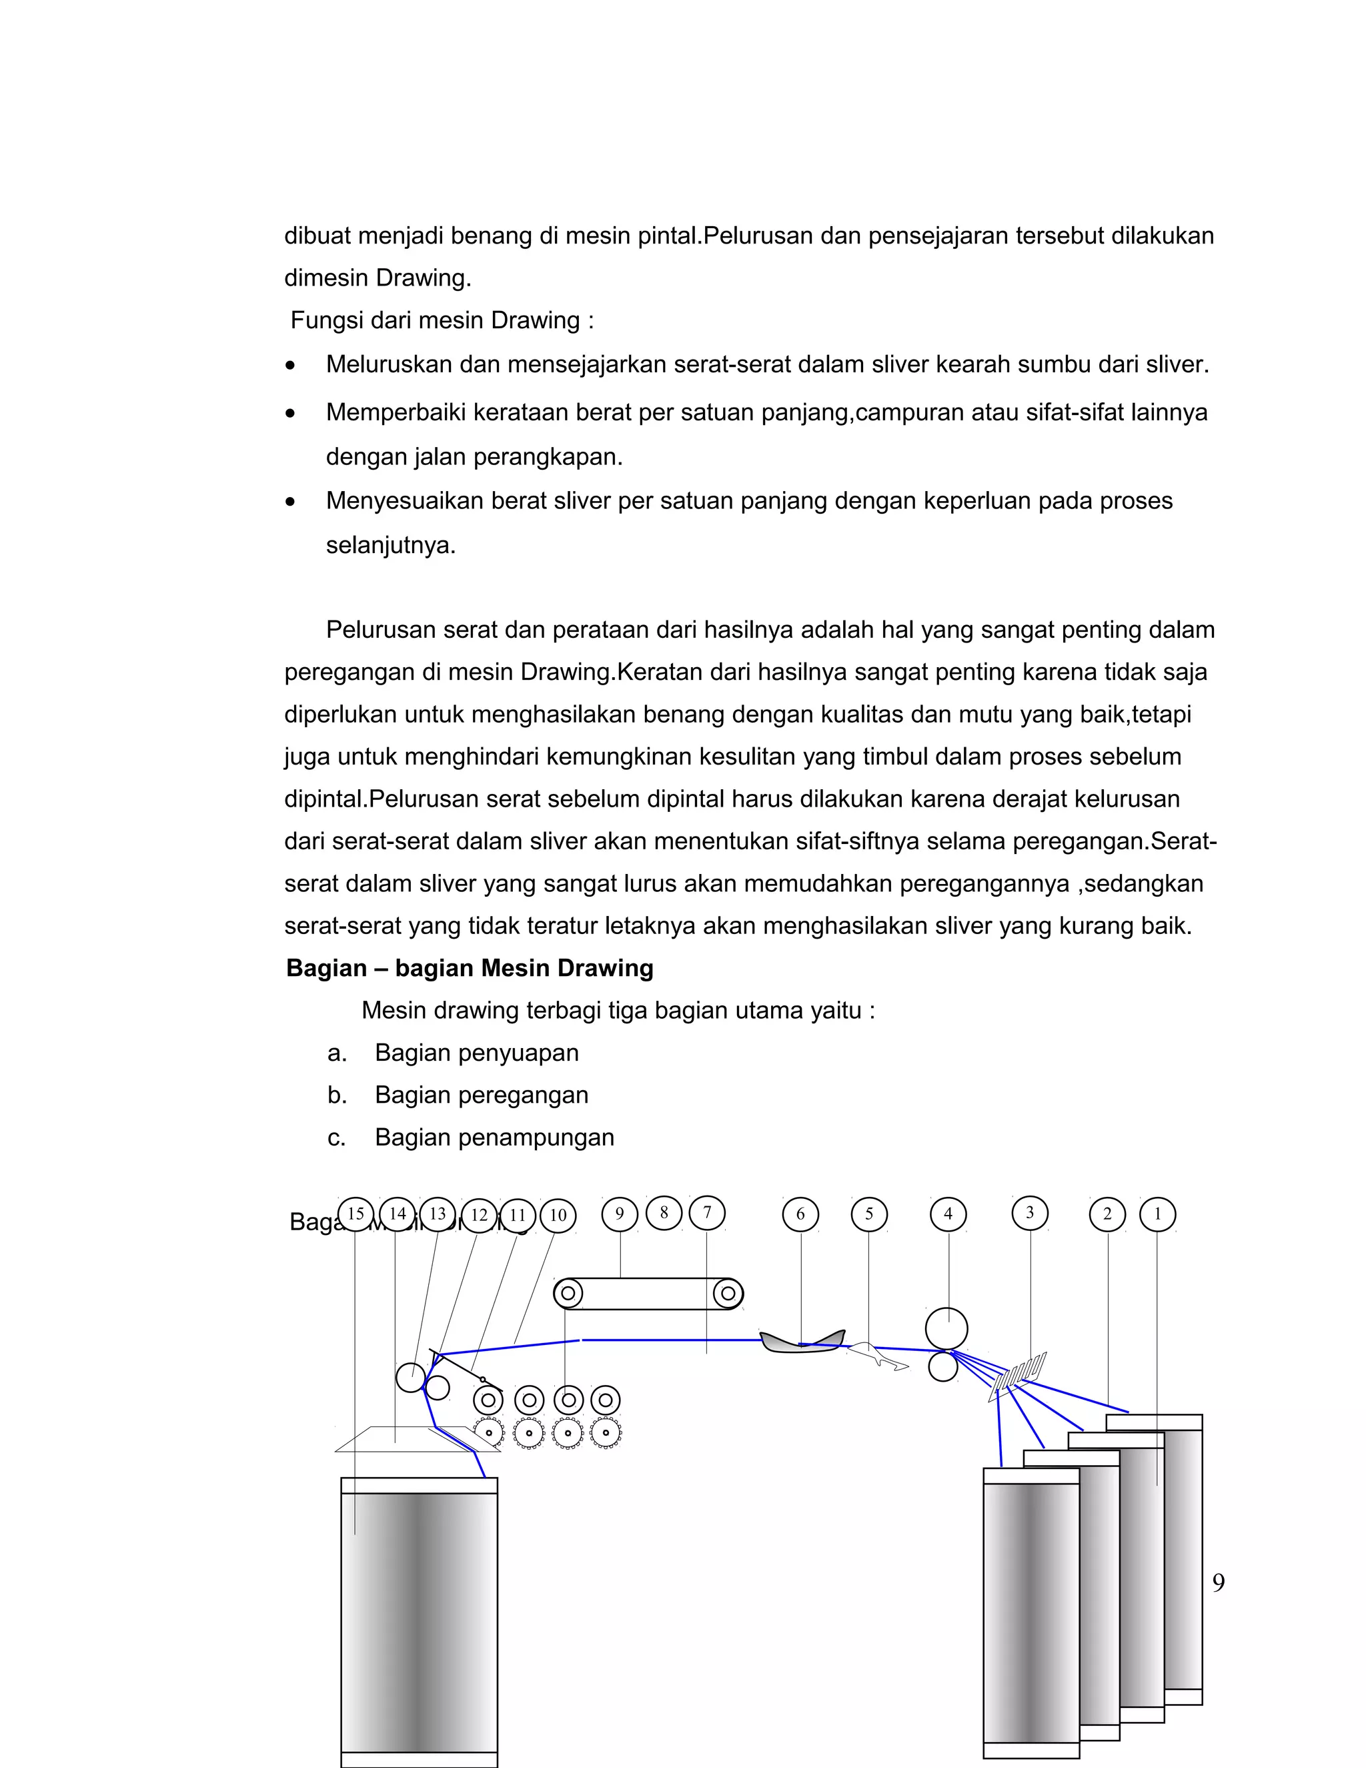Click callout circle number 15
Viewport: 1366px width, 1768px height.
[356, 1214]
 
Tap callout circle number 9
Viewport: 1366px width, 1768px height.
[620, 1214]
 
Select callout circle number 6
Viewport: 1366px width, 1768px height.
[800, 1214]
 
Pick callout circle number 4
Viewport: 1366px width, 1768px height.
[948, 1214]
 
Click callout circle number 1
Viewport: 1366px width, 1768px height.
[1157, 1214]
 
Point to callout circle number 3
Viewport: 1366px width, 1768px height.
[1030, 1214]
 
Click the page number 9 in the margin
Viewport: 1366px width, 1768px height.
[1218, 1582]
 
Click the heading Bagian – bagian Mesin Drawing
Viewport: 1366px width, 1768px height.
[470, 968]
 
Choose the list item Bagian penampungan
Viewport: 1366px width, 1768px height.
[494, 1138]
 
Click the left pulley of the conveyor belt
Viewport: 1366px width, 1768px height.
[568, 1294]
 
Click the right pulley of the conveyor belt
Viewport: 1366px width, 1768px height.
[728, 1294]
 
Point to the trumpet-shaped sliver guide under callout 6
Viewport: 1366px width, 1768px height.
[801, 1343]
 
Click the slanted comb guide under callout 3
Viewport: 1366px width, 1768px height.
[1018, 1376]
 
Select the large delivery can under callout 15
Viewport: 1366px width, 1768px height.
[418, 1619]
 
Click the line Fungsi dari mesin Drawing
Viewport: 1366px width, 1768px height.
[442, 320]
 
